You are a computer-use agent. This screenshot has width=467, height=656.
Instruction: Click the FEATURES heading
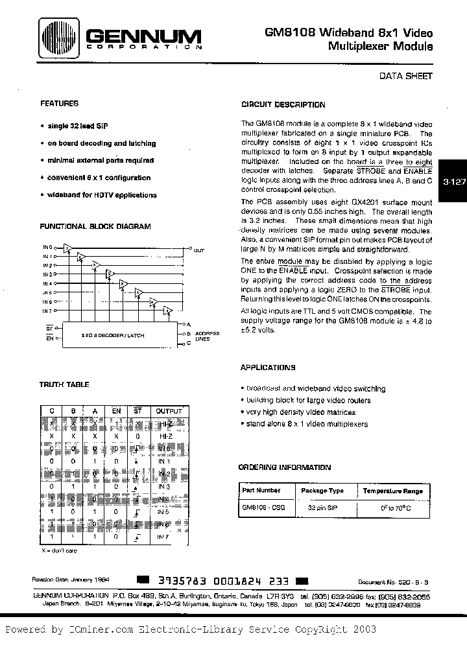[x=59, y=103]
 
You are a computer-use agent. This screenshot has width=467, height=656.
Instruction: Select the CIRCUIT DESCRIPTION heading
[x=283, y=104]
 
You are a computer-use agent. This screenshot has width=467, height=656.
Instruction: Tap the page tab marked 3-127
[x=454, y=182]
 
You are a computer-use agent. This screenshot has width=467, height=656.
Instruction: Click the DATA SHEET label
[x=405, y=76]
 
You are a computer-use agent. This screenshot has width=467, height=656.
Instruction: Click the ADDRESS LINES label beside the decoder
[x=209, y=335]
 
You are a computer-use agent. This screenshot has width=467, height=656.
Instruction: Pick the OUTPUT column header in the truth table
[x=169, y=411]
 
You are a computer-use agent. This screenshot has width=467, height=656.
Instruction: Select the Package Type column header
[x=322, y=491]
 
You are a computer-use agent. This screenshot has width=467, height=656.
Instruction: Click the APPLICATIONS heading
[x=267, y=368]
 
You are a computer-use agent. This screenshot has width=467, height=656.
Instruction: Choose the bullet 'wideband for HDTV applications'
[x=101, y=194]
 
